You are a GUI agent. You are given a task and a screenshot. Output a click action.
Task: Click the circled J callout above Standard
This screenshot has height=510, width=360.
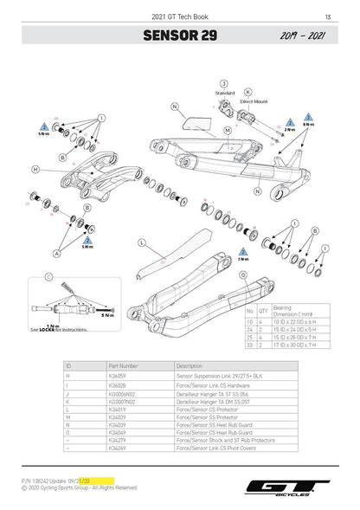[x=223, y=82]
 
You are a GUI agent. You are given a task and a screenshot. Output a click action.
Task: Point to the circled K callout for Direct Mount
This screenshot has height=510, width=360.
[x=248, y=91]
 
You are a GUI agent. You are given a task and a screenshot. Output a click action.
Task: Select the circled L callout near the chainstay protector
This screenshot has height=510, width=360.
[x=141, y=242]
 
